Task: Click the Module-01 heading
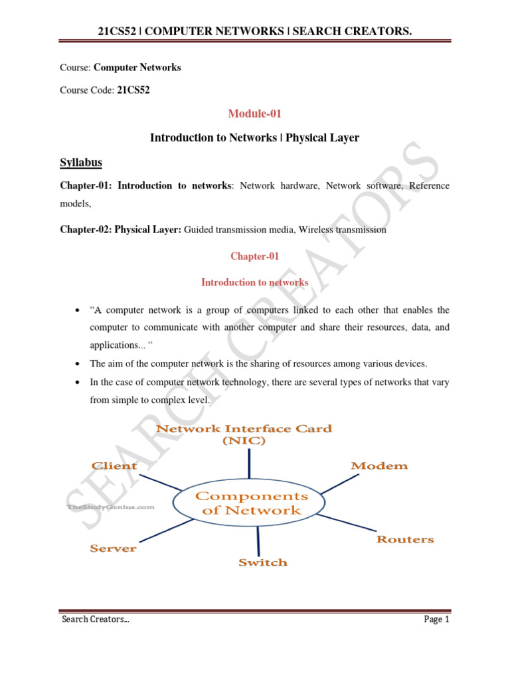[254, 114]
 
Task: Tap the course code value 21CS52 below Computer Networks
[133, 90]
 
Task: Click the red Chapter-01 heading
[254, 256]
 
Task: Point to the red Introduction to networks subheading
[254, 282]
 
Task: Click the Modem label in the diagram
[379, 466]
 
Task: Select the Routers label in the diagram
[405, 539]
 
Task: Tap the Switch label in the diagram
[263, 562]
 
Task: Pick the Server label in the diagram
[114, 548]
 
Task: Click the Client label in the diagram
[114, 466]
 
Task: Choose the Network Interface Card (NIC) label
[244, 434]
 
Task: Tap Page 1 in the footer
[438, 620]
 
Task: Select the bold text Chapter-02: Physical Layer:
[120, 230]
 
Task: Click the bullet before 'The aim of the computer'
[78, 364]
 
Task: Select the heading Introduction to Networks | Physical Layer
[254, 138]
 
